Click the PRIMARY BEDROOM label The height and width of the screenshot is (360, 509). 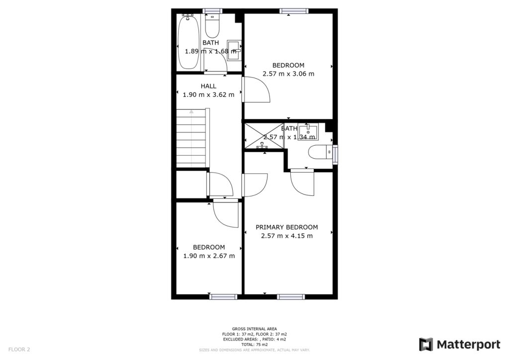pyautogui.click(x=286, y=227)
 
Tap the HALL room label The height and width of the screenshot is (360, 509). pyautogui.click(x=209, y=86)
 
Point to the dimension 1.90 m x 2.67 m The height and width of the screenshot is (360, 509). pyautogui.click(x=209, y=256)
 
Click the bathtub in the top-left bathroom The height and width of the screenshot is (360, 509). pyautogui.click(x=189, y=42)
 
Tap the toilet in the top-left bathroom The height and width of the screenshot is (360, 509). pyautogui.click(x=212, y=27)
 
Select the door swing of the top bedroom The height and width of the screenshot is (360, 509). pyautogui.click(x=256, y=90)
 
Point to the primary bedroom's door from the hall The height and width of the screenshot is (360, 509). pyautogui.click(x=254, y=184)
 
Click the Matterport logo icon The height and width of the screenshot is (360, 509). pyautogui.click(x=425, y=345)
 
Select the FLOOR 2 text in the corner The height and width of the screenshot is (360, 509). pyautogui.click(x=19, y=350)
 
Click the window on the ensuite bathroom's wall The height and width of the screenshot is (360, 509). pyautogui.click(x=336, y=154)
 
